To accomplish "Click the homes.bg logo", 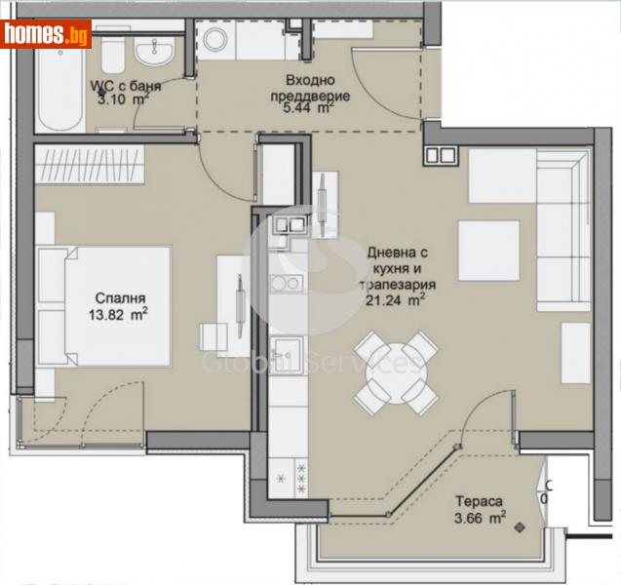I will [x=47, y=33].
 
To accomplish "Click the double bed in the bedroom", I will [x=102, y=305].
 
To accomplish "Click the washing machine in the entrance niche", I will [x=215, y=40].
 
